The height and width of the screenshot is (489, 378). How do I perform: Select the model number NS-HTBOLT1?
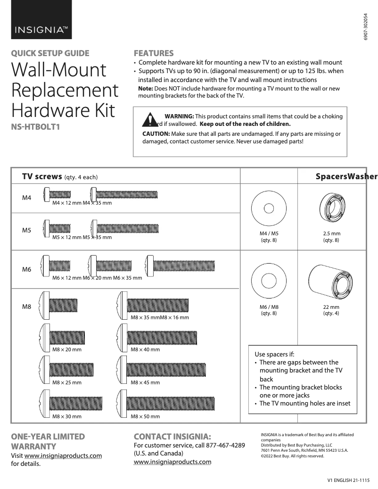[x=38, y=126]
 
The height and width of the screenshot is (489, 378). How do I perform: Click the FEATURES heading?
[x=154, y=53]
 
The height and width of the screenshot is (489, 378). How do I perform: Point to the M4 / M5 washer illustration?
[x=268, y=208]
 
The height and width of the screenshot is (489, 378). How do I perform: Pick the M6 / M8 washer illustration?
[x=268, y=279]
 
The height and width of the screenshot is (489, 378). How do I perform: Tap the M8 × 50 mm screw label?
[x=145, y=416]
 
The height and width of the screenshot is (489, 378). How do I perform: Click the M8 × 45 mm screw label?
[x=145, y=383]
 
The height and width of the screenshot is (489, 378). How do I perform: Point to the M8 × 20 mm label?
[x=67, y=349]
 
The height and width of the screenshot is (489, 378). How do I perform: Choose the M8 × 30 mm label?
[x=67, y=416]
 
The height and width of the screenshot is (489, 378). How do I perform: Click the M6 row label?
[x=27, y=270]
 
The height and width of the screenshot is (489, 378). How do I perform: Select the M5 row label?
[x=27, y=231]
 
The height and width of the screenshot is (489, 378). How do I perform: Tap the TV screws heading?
[x=42, y=176]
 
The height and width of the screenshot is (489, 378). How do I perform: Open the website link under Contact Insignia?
[x=173, y=462]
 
